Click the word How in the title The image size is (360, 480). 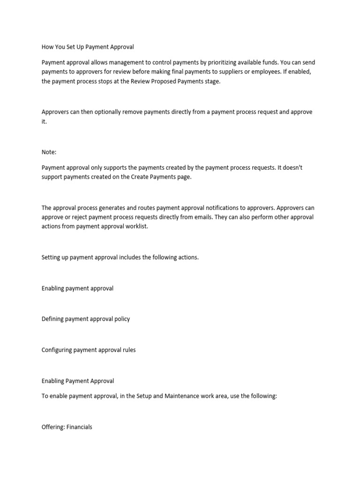pos(48,47)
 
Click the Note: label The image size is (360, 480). pos(49,152)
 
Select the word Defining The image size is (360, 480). pos(53,319)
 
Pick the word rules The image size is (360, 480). pos(128,350)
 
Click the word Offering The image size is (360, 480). pos(53,427)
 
